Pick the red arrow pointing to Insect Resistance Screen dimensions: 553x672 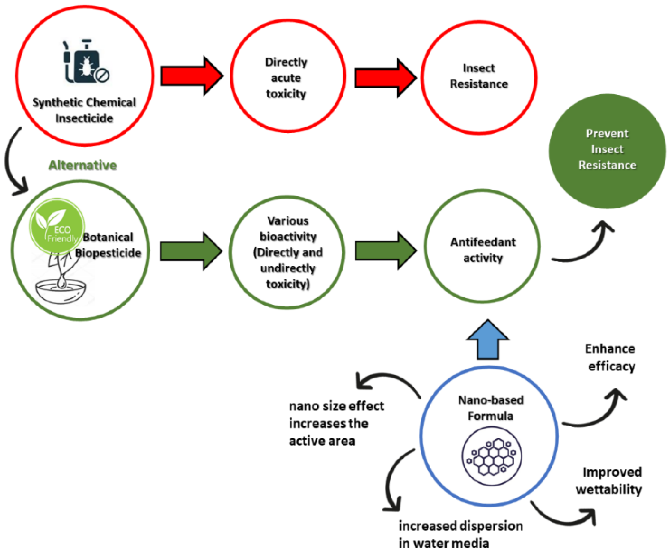(385, 78)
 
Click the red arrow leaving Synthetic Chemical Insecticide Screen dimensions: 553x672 (191, 76)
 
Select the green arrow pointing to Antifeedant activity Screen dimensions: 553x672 (385, 250)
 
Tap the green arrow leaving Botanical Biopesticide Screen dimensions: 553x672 (190, 251)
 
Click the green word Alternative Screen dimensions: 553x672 (82, 165)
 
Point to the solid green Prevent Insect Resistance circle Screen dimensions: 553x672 (607, 151)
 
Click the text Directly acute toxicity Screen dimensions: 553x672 (286, 78)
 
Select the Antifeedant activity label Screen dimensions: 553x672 (483, 250)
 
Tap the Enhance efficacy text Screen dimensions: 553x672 (611, 357)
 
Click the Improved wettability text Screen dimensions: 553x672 (609, 481)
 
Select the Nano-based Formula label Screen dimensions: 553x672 (490, 408)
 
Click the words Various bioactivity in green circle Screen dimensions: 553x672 (288, 229)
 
